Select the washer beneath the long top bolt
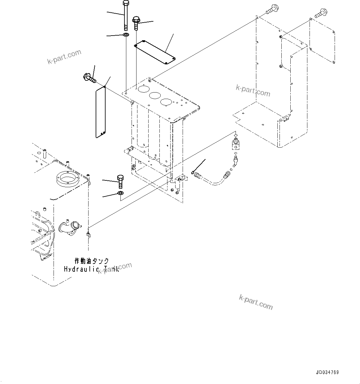[x=126, y=34]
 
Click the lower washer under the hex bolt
[x=120, y=193]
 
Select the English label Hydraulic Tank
[x=91, y=269]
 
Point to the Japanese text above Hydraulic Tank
[x=92, y=261]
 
